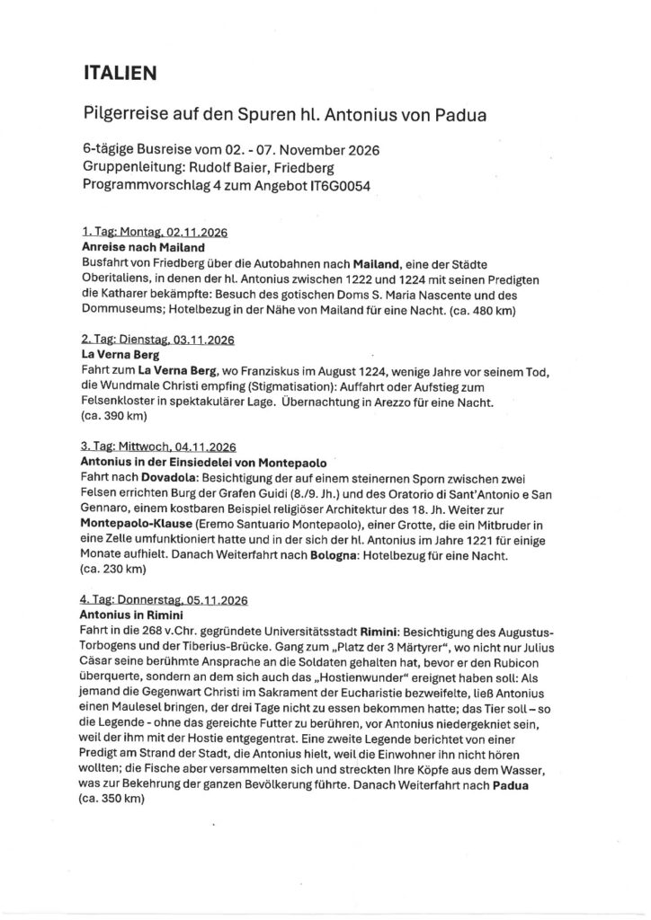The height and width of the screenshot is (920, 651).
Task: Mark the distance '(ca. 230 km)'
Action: pos(106,569)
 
